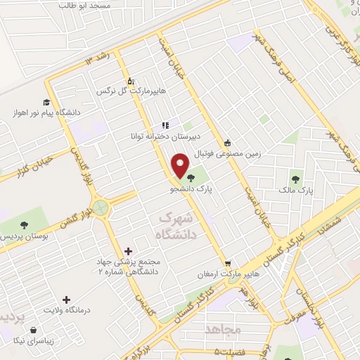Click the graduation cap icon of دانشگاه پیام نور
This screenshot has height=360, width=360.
[x=46, y=102]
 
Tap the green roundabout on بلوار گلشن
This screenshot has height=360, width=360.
[x=101, y=207]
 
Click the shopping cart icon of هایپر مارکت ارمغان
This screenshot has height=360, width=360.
[x=227, y=264]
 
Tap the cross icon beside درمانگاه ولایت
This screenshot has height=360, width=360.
[x=67, y=300]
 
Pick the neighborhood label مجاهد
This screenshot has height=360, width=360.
[x=224, y=329]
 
